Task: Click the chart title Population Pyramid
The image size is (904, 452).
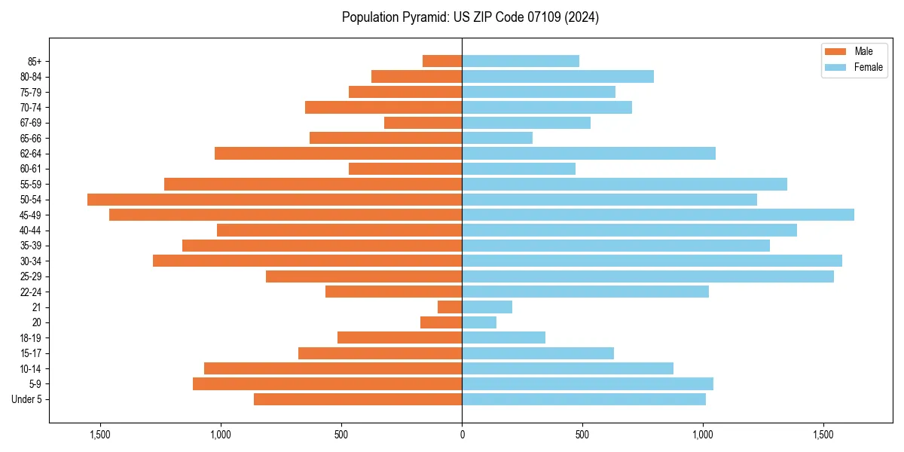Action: (470, 17)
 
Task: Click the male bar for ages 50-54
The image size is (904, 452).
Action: (274, 200)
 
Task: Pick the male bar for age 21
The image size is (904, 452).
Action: (450, 307)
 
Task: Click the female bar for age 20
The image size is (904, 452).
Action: (479, 322)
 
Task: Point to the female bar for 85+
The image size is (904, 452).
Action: (521, 61)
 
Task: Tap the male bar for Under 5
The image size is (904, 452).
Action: (358, 399)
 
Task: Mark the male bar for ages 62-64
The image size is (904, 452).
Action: (338, 154)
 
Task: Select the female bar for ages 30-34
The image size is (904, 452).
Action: (652, 261)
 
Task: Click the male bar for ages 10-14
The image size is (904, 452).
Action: (333, 368)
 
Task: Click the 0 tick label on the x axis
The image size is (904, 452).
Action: (462, 435)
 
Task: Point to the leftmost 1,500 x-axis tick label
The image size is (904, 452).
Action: (100, 435)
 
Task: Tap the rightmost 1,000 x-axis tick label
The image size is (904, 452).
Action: (703, 435)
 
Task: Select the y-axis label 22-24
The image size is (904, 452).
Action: (30, 292)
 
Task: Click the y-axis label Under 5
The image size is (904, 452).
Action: (27, 399)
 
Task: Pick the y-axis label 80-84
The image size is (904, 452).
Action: (30, 77)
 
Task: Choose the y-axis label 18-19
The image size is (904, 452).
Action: (30, 337)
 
